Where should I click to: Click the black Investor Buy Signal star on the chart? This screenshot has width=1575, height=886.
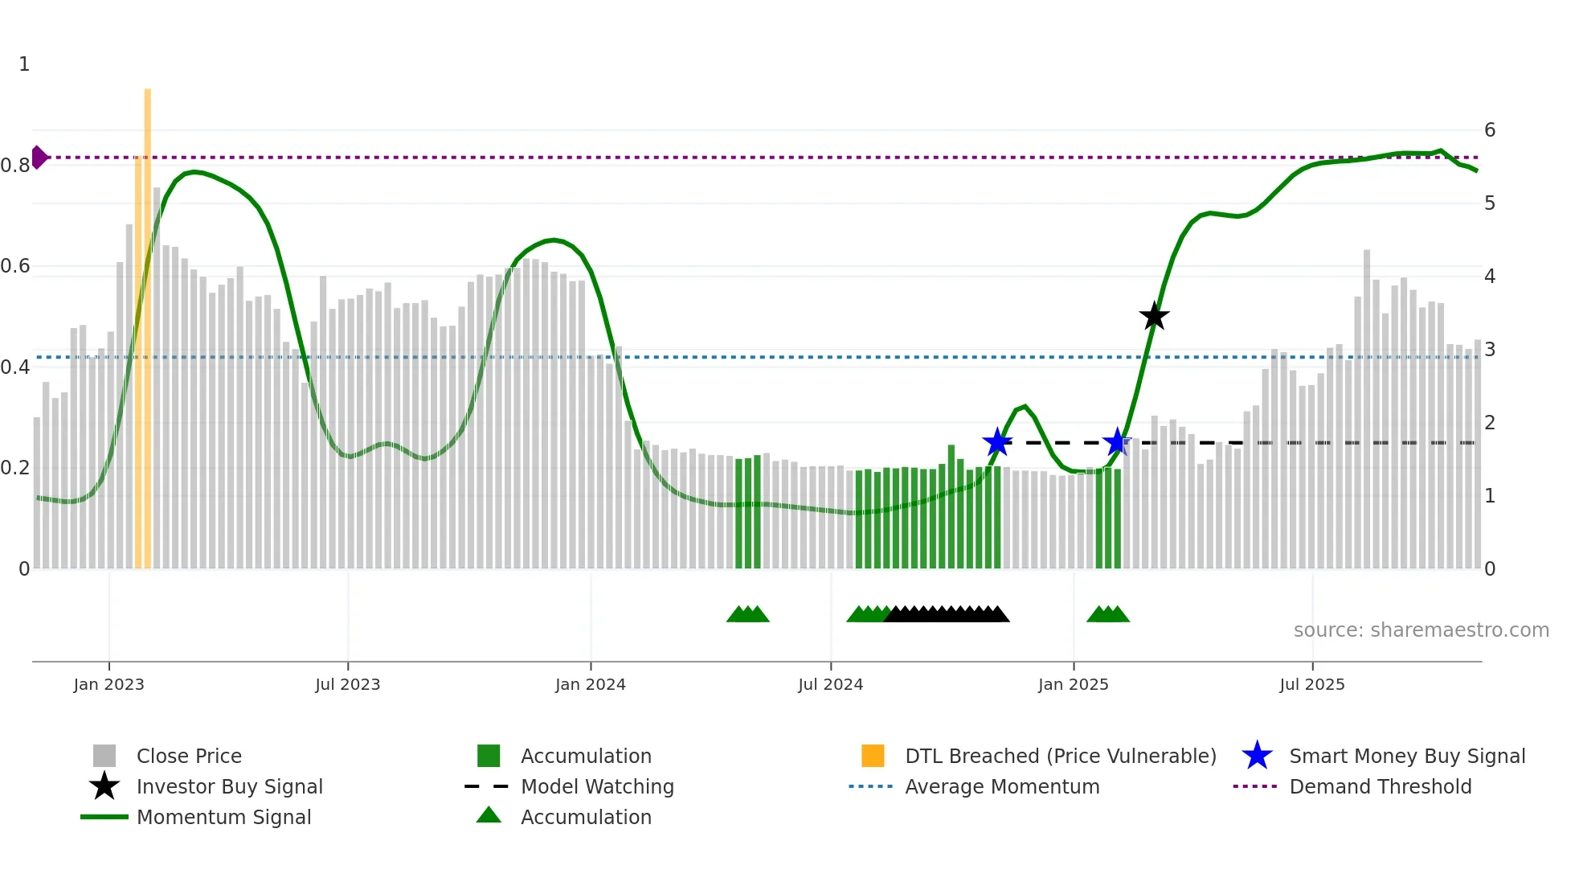(1154, 317)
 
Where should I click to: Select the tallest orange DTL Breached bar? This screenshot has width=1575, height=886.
(148, 322)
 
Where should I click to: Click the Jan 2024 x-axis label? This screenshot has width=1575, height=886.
(590, 684)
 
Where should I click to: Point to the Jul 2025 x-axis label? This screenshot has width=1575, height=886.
(1311, 684)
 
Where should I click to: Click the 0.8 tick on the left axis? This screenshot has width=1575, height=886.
(15, 166)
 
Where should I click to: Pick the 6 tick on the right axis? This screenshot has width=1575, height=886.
(1489, 130)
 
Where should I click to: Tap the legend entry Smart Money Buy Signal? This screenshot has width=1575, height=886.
(1406, 756)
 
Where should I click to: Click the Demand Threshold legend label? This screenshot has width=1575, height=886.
(1380, 786)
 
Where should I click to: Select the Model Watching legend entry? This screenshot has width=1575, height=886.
(596, 786)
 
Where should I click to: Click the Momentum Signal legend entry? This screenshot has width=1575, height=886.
(223, 817)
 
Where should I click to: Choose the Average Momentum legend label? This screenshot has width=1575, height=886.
(1001, 786)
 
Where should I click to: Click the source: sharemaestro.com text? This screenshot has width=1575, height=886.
(1421, 630)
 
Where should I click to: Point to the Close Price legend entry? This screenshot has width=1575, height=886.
(189, 756)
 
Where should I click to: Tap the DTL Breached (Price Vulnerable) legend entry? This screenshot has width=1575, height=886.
(1060, 756)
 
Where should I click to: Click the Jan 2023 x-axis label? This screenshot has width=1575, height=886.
(108, 684)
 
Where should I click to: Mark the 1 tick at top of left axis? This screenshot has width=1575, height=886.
(24, 64)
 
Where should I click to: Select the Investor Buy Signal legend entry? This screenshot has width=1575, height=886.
(229, 786)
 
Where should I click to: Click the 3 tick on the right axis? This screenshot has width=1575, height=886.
(1489, 350)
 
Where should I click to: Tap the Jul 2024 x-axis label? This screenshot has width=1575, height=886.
(830, 684)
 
